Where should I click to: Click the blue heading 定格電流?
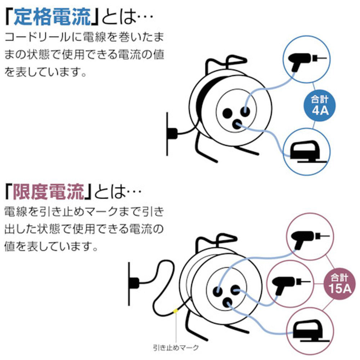click(x=52, y=17)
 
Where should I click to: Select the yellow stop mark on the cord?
click(x=175, y=311)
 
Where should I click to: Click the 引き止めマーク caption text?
click(x=176, y=348)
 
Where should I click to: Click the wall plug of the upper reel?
click(x=172, y=134)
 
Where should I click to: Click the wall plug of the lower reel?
click(x=134, y=283)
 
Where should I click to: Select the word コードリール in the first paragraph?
click(x=37, y=37)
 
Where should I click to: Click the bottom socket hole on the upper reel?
click(x=237, y=125)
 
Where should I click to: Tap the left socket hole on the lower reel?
click(x=218, y=291)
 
